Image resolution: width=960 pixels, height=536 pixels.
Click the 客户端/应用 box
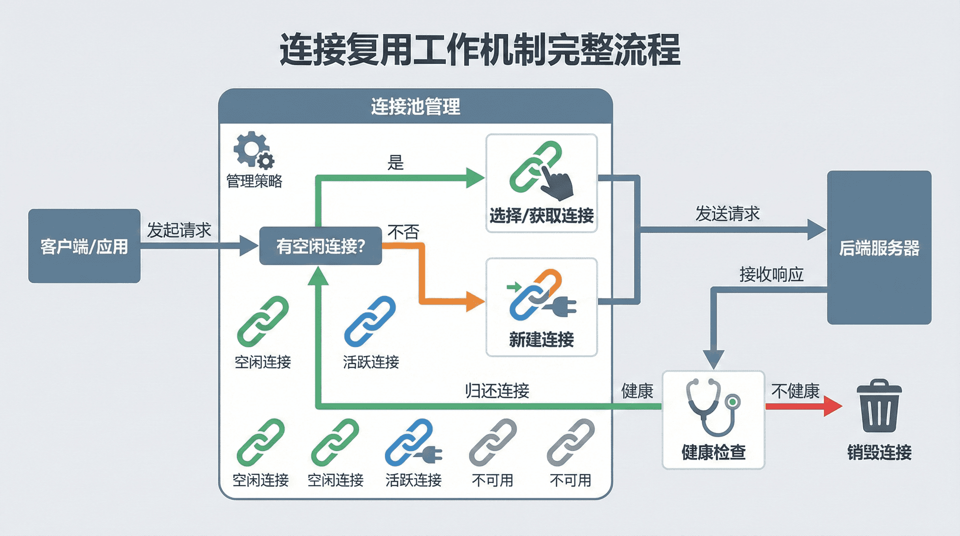click(x=84, y=246)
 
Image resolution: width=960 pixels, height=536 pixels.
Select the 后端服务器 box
click(x=878, y=247)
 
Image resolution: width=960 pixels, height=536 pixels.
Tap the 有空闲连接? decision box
click(x=320, y=245)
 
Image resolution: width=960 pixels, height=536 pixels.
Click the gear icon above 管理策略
click(x=253, y=149)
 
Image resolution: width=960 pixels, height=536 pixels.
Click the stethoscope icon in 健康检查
click(x=713, y=406)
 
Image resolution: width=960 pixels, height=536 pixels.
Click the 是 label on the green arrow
click(x=395, y=162)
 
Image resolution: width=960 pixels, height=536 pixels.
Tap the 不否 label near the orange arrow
click(x=403, y=232)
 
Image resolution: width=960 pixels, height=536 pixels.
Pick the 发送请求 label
click(x=727, y=214)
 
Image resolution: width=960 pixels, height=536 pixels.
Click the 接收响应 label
click(x=771, y=274)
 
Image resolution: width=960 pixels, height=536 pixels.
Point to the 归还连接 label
click(x=497, y=390)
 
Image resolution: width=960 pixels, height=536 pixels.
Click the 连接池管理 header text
click(x=415, y=106)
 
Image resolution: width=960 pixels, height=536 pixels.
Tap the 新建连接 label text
click(x=541, y=340)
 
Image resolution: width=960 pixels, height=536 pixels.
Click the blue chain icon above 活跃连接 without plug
click(x=370, y=321)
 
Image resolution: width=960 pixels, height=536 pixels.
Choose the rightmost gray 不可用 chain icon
click(x=570, y=442)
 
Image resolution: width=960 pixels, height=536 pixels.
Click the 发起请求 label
click(x=179, y=230)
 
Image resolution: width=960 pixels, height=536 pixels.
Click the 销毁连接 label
click(x=879, y=452)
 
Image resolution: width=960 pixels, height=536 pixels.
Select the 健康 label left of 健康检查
click(x=637, y=391)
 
